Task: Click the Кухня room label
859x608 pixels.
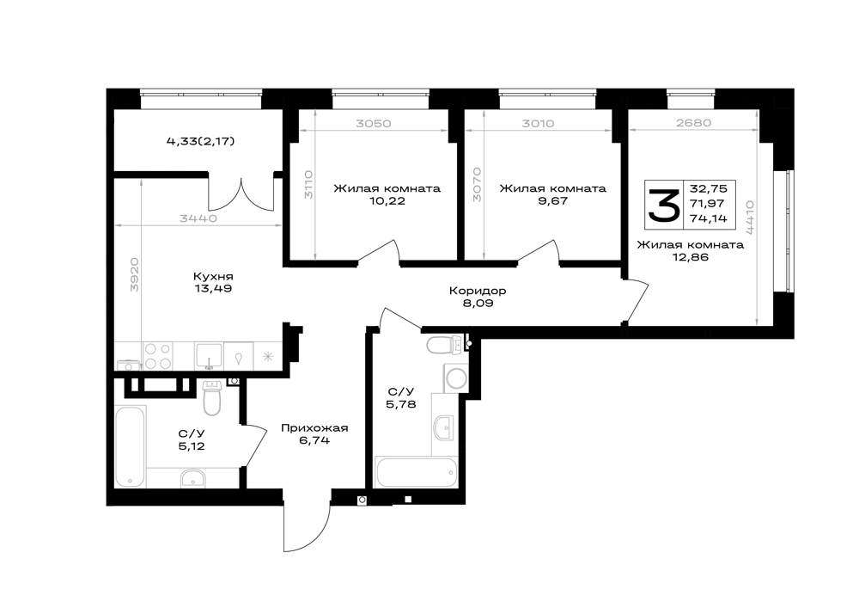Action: [x=212, y=276]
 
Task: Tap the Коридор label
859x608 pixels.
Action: [x=477, y=291]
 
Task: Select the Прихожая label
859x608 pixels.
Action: [x=314, y=427]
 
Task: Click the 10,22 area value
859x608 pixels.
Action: [x=387, y=200]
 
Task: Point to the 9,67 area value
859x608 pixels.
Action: [x=552, y=200]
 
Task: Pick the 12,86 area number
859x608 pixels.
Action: [x=691, y=256]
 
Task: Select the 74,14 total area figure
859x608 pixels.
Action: [x=709, y=218]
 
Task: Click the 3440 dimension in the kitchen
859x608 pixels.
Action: [x=198, y=218]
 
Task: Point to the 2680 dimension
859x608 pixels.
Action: [x=693, y=123]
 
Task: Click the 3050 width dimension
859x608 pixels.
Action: [x=374, y=123]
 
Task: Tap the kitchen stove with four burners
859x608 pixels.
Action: [x=158, y=356]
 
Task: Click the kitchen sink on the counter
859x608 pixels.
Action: [x=210, y=356]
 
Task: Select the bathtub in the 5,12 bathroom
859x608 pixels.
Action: [x=131, y=445]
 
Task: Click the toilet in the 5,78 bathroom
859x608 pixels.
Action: [x=445, y=346]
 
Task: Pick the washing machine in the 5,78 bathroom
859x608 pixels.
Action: [x=455, y=378]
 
